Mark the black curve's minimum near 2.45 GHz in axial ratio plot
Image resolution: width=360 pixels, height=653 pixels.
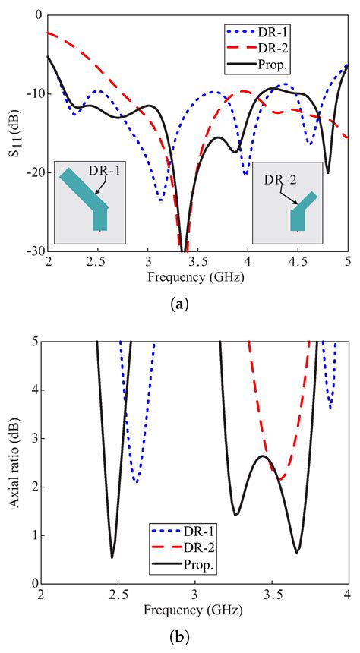click(x=112, y=557)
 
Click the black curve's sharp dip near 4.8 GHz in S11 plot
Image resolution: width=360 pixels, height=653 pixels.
click(x=327, y=172)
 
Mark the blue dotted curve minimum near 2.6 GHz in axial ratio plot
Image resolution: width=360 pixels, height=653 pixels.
click(x=136, y=481)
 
